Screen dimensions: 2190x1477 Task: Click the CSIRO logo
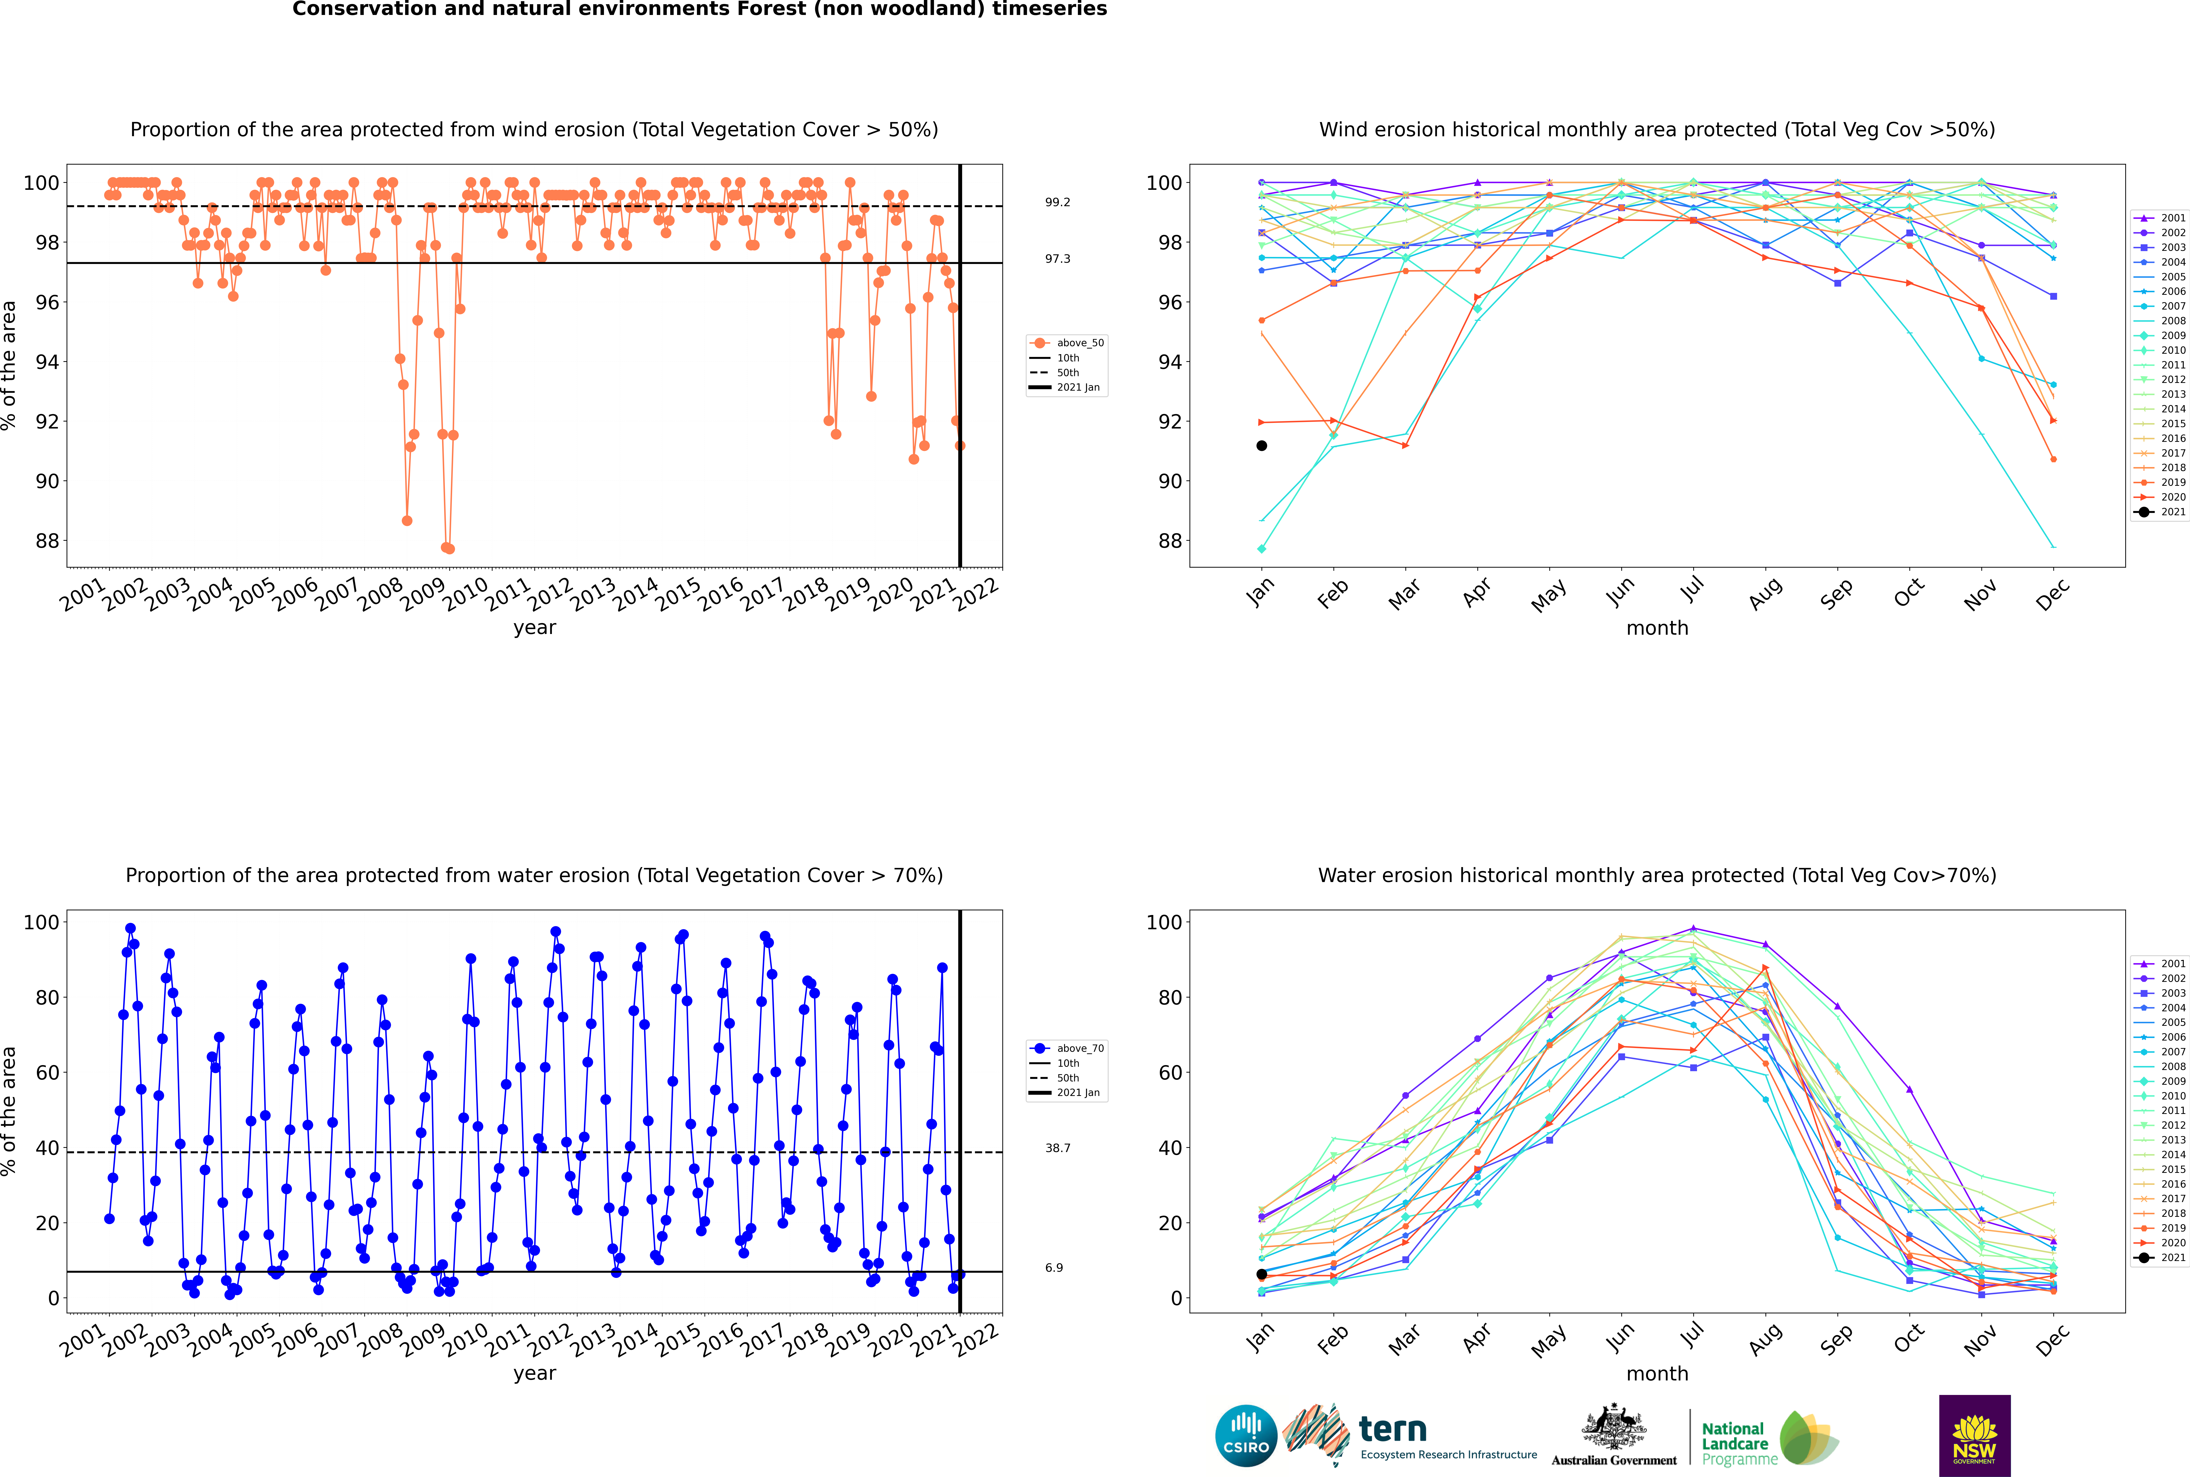tap(1246, 1437)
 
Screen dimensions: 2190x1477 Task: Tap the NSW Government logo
tap(1974, 1436)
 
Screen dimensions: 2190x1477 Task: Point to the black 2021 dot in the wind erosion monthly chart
tap(1262, 446)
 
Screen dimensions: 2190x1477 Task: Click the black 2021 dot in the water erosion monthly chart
tap(1262, 1275)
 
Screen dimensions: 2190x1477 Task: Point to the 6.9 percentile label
tap(1054, 1268)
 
